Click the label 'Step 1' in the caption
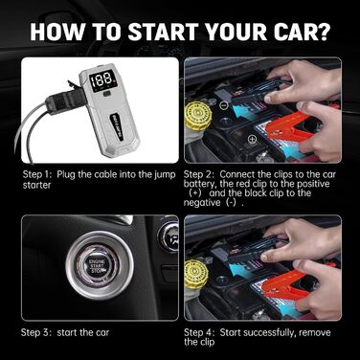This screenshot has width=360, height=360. [x=39, y=175]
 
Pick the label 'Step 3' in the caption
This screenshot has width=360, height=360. [x=39, y=331]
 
